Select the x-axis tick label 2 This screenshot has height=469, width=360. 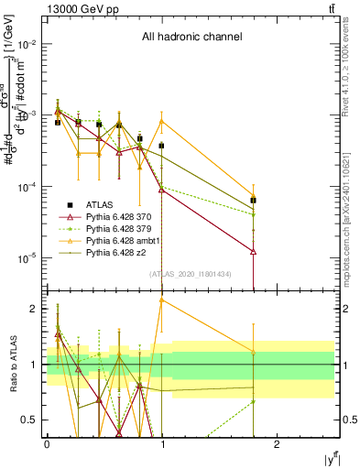278,442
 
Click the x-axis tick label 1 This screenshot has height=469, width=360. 162,442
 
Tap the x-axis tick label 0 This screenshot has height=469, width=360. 47,442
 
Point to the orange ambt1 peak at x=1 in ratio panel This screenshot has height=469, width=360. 162,300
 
